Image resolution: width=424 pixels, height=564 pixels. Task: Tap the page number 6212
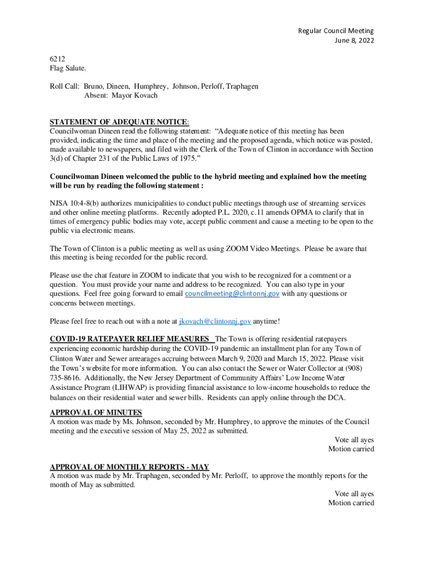coord(58,59)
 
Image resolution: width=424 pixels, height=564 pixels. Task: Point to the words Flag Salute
coord(68,68)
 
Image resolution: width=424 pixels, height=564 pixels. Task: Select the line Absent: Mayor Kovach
coord(121,95)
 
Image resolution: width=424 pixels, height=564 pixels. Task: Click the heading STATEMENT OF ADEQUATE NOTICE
coord(119,122)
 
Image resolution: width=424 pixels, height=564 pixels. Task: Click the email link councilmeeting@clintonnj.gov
coord(232,294)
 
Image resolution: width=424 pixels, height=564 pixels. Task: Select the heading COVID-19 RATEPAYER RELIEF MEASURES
coord(129,338)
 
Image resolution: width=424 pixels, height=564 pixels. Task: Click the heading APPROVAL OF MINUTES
coord(96,413)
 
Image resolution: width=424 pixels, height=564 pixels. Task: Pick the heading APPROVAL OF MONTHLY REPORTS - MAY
coord(129,467)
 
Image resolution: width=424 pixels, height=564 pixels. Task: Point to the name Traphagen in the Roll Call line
coord(239,86)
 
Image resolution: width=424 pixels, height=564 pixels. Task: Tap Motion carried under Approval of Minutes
coord(351,449)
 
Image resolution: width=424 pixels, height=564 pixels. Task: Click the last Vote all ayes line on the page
coord(354,493)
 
